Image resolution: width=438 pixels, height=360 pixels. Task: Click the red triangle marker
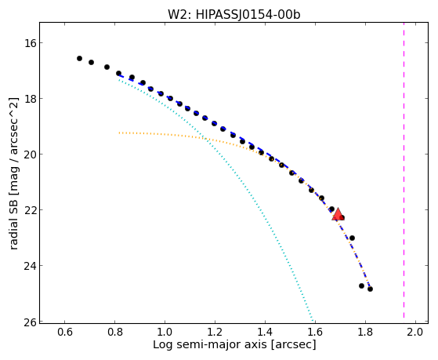[338, 214]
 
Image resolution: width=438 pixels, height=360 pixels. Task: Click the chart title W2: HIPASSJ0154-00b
[233, 15]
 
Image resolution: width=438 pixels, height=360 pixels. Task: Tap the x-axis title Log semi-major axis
[209, 344]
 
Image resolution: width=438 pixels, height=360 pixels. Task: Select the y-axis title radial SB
[13, 224]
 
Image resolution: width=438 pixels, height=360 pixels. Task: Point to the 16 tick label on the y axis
[29, 43]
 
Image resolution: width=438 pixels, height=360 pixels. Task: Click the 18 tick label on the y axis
[29, 99]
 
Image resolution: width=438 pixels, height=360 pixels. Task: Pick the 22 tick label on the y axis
[29, 209]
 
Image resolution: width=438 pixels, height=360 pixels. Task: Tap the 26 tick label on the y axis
[29, 322]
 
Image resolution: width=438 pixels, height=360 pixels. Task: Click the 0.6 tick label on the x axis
[65, 333]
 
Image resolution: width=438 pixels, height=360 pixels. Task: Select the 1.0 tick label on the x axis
[165, 333]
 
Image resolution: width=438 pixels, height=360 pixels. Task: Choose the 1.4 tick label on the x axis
[265, 333]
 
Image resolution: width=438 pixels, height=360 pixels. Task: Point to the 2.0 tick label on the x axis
[415, 333]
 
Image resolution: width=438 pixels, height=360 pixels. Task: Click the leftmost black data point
[79, 58]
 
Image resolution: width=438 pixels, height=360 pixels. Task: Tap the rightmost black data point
[370, 289]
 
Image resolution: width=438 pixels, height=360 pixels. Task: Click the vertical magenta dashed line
[404, 170]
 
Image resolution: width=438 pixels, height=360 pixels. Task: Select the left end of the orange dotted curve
[119, 133]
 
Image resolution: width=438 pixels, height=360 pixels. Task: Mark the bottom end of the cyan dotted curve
[313, 320]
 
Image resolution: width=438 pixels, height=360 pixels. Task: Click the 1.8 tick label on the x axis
[365, 333]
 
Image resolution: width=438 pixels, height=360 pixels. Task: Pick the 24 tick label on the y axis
[29, 265]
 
